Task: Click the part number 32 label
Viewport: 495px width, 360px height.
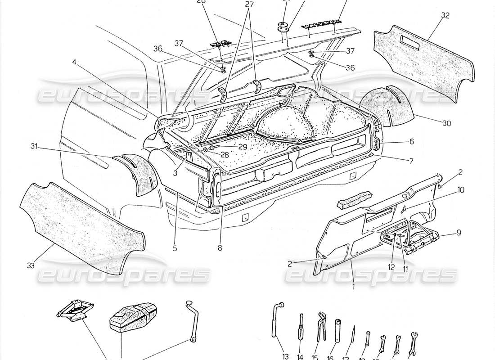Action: tap(445, 15)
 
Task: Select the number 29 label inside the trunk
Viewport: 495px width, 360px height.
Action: tap(243, 147)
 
